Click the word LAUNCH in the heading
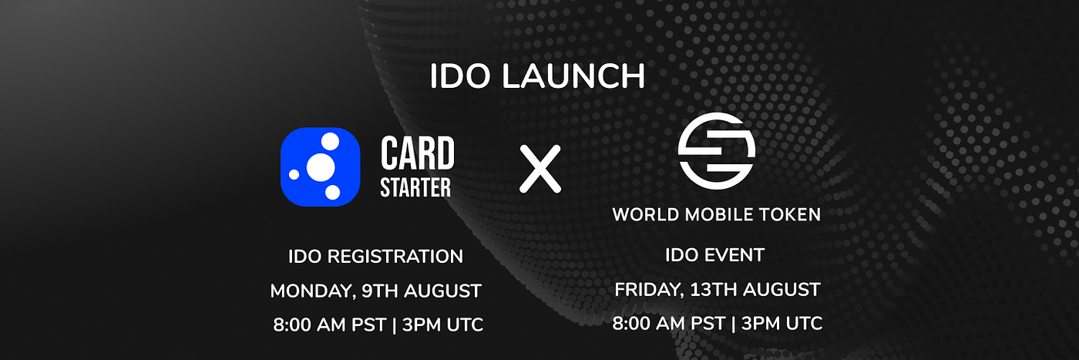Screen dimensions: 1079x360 click(x=573, y=76)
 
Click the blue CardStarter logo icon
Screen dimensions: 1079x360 click(x=321, y=167)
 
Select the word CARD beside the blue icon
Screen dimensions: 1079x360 click(x=417, y=153)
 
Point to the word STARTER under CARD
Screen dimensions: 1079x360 click(x=415, y=187)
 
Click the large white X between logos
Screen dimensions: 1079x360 click(x=540, y=169)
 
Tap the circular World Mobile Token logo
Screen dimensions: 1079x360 click(x=716, y=151)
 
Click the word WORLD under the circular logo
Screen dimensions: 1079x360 click(x=646, y=215)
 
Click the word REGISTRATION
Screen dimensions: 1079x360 click(x=395, y=257)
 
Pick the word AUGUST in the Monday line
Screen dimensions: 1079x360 click(x=442, y=291)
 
